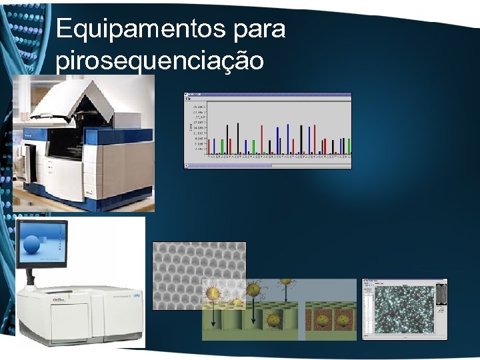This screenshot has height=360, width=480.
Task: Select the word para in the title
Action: [x=257, y=29]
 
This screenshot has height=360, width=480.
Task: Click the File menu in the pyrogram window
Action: [x=189, y=99]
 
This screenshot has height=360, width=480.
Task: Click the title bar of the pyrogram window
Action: [x=267, y=95]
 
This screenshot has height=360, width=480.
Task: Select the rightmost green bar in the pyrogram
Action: [x=348, y=146]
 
